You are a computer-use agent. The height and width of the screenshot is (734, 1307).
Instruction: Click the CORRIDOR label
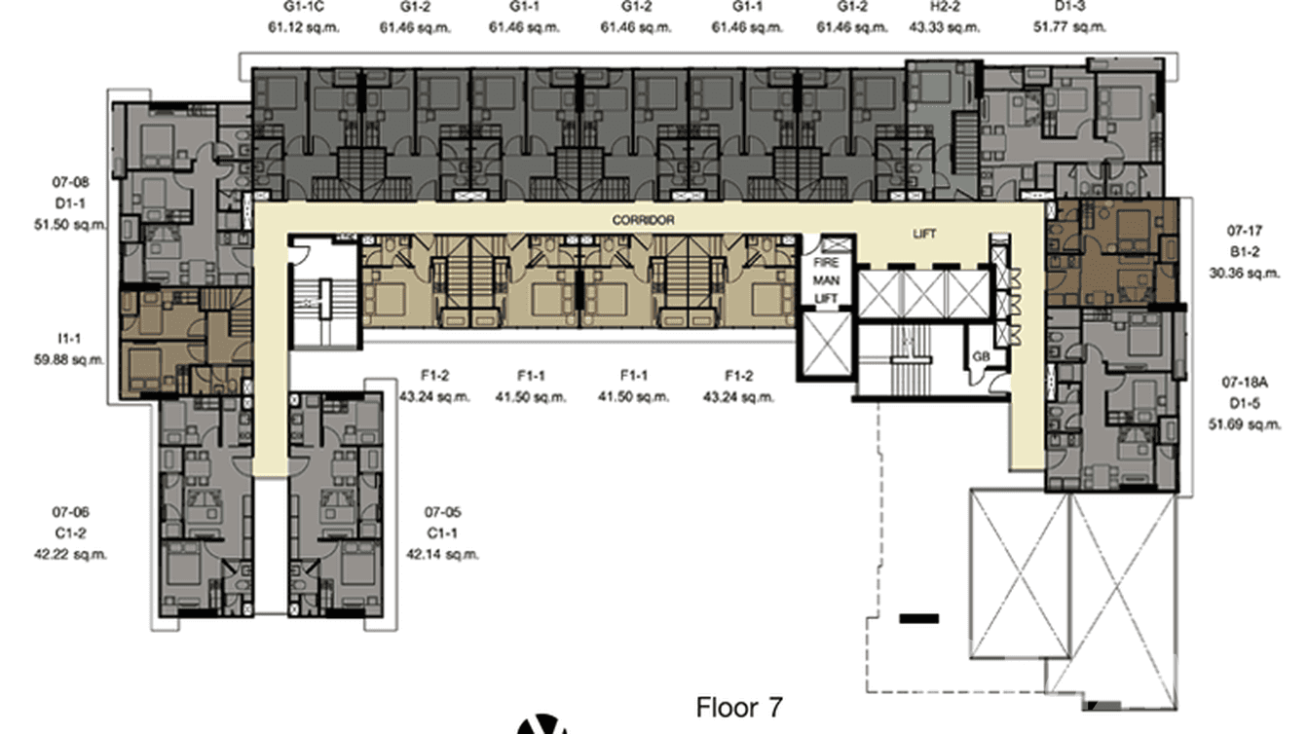pos(643,221)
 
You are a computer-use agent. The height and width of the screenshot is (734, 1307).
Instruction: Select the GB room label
pos(982,356)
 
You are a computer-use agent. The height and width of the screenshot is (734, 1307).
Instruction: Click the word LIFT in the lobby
pos(924,235)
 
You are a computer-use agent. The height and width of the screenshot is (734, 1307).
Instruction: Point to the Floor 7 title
pos(739,707)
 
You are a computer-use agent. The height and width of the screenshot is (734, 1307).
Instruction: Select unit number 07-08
pos(71,181)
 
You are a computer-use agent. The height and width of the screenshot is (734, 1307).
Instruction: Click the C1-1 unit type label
pos(441,533)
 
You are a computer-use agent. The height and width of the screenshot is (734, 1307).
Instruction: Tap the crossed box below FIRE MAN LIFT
pos(825,345)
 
